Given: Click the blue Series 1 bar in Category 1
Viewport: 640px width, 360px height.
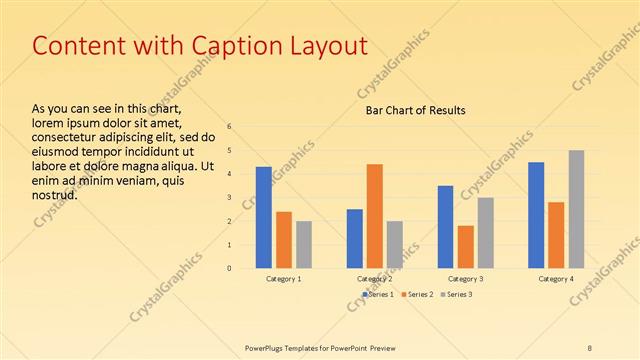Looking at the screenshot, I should click(x=263, y=217).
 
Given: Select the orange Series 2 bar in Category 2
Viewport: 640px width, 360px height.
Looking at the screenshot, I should click(x=375, y=216).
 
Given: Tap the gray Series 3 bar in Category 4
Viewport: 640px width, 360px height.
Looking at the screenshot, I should click(x=577, y=209).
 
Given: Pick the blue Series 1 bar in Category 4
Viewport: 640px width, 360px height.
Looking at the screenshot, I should click(x=536, y=215).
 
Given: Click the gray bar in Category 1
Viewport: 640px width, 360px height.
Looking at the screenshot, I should click(x=304, y=244).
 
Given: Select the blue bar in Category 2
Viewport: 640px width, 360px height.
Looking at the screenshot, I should click(x=355, y=238).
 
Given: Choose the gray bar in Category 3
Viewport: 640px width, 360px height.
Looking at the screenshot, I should click(x=486, y=232).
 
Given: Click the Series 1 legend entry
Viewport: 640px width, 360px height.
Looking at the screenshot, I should click(x=377, y=294).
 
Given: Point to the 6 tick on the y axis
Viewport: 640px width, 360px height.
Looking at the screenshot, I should click(x=229, y=126).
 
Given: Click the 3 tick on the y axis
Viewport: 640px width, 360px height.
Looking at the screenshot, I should click(x=229, y=197).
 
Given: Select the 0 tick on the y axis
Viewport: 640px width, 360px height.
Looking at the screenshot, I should click(x=229, y=268).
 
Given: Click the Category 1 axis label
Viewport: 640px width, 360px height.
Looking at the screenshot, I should click(x=284, y=279).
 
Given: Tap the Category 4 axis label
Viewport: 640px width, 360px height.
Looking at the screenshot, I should click(x=557, y=279).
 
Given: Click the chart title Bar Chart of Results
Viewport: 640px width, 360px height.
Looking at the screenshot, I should click(x=414, y=110).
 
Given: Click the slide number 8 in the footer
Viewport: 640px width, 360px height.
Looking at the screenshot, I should click(x=590, y=347).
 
